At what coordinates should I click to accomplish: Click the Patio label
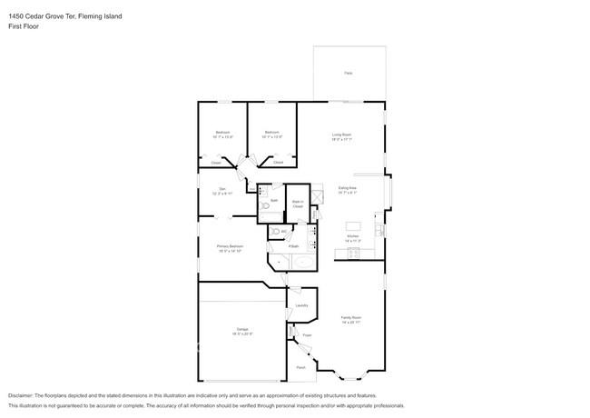[349, 73]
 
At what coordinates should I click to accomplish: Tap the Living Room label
[341, 134]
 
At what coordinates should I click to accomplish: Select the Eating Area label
[348, 188]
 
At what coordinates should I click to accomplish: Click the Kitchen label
[352, 237]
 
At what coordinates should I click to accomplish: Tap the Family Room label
[351, 319]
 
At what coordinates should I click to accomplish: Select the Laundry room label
[301, 305]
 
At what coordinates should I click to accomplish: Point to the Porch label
[300, 367]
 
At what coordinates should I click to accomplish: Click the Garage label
[242, 329]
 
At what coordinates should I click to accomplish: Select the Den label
[221, 189]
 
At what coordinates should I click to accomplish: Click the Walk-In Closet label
[298, 204]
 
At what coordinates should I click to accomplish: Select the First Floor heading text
[23, 26]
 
